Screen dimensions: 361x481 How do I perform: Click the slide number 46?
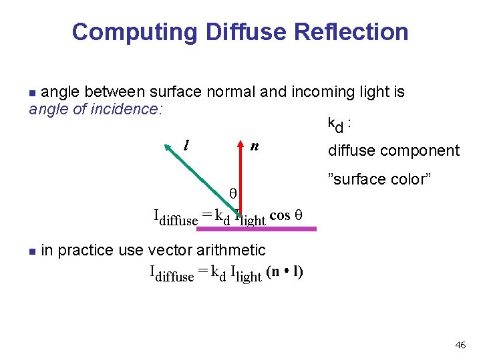click(460, 345)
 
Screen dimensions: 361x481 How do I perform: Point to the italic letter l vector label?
click(186, 144)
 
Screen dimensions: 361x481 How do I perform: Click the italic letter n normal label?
click(254, 146)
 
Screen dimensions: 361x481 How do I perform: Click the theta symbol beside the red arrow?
click(233, 193)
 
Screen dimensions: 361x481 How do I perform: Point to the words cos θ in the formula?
click(288, 215)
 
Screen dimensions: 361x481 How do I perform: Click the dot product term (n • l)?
click(285, 272)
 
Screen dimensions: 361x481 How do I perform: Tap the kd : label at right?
click(340, 124)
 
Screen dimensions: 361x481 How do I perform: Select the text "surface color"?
click(379, 179)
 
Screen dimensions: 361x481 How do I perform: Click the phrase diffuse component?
click(393, 151)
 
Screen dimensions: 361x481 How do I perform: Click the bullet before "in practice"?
click(32, 251)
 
